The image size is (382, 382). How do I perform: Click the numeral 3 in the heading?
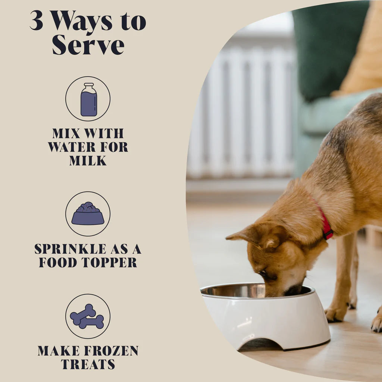pos(36,21)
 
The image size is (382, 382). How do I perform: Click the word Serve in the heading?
pos(88,45)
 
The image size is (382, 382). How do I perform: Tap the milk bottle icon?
pos(88,100)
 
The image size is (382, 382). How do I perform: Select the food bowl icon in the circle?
pos(88,214)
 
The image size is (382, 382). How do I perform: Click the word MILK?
pos(88,161)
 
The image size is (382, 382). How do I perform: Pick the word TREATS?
pos(88,364)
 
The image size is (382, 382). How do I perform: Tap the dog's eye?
pos(263,273)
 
